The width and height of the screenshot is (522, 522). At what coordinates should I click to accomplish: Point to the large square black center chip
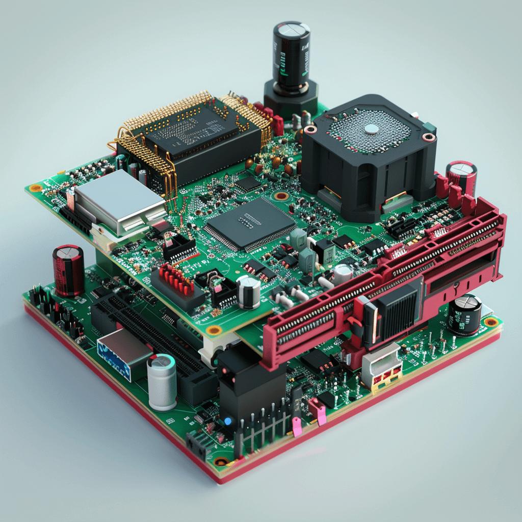250,224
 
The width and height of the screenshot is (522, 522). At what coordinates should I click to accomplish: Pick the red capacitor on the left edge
68,270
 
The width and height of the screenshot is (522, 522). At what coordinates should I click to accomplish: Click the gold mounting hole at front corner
221,462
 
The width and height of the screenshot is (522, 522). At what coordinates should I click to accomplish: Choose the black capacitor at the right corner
464,314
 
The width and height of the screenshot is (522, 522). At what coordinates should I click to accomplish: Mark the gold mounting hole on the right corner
490,322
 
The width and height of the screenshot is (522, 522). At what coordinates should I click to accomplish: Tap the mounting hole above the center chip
280,196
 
